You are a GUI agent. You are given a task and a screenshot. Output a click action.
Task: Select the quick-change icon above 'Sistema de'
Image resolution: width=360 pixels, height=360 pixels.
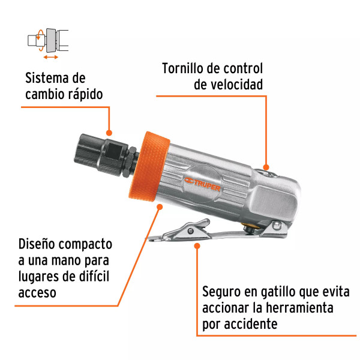pos(47,41)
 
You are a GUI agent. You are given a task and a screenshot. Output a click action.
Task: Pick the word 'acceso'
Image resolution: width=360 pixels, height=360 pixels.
pos(37,293)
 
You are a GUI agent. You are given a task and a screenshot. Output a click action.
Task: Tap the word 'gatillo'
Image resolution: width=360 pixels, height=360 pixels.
pos(281,293)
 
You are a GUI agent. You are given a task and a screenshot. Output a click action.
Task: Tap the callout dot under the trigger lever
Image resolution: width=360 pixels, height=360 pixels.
pos(197,245)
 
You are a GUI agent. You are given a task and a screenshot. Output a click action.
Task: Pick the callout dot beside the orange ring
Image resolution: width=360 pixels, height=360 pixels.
pos(160,207)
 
